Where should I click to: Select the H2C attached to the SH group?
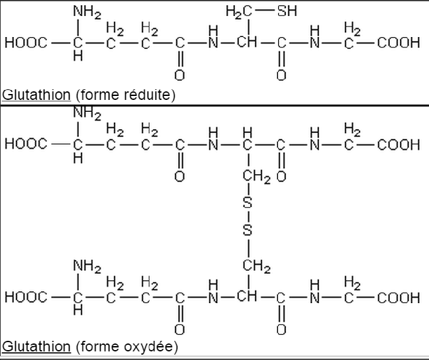pos(237,11)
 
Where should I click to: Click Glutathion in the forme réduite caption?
pos(36,95)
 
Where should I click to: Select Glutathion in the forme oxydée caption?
pos(36,345)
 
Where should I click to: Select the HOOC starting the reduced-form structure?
pos(26,44)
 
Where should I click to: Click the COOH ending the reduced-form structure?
pos(399,44)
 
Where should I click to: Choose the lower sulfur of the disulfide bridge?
pos(248,230)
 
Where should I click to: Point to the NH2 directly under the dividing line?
pos(87,114)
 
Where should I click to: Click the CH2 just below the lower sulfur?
pos(257,267)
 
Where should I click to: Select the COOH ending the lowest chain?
pos(399,298)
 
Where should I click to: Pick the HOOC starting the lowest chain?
pos(26,298)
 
